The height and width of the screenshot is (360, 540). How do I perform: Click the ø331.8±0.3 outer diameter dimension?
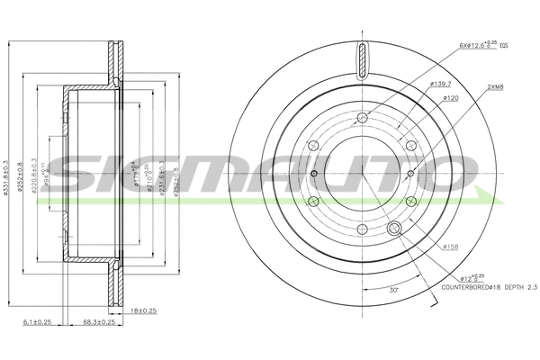coord(8,171)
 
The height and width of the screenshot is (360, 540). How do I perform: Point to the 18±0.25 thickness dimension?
coord(141,310)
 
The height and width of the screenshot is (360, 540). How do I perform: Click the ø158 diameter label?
coord(451,245)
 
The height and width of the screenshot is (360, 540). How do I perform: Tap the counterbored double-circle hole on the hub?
coord(392,231)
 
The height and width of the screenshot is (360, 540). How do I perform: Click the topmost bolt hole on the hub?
coord(362,118)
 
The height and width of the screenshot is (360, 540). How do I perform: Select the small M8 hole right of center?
coord(410,174)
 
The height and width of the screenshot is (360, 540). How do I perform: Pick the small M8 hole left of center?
coord(313,174)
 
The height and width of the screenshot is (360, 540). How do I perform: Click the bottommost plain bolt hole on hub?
coord(362,229)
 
